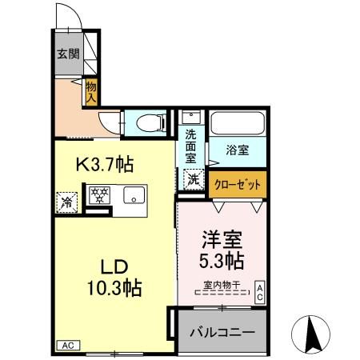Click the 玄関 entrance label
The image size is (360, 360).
click(x=67, y=55)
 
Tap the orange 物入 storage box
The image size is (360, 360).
click(x=91, y=90)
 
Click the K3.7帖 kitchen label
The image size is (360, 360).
click(x=104, y=165)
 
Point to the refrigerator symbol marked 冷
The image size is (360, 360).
click(x=68, y=202)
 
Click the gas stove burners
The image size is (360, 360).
click(x=99, y=195)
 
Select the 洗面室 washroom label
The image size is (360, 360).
click(x=191, y=146)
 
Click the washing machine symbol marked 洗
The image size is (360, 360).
click(x=194, y=180)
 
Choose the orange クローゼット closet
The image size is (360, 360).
click(x=238, y=183)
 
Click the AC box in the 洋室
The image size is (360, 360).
click(x=259, y=291)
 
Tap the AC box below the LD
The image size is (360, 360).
click(x=68, y=346)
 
